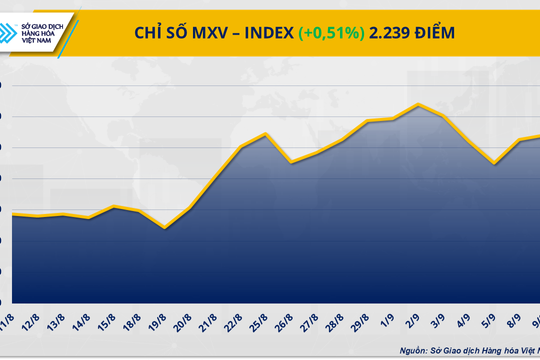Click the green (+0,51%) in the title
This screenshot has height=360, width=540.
(330, 33)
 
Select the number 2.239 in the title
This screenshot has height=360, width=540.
(389, 33)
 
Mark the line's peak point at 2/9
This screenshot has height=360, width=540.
(419, 104)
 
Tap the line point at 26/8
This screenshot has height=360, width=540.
(291, 162)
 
